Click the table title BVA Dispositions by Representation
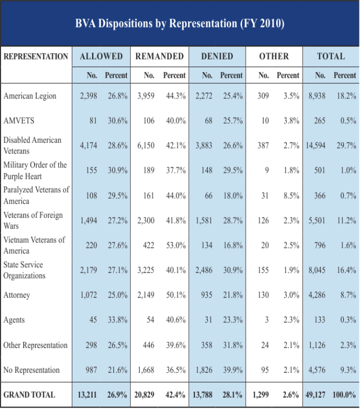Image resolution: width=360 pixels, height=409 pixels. (179, 24)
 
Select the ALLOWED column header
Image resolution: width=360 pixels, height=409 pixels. (101, 56)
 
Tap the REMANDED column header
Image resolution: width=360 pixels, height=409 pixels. (159, 56)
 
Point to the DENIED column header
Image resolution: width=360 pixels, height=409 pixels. (217, 56)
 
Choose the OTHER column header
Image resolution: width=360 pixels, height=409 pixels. (274, 56)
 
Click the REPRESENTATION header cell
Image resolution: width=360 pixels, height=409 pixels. (36, 56)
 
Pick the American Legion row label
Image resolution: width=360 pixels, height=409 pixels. (30, 96)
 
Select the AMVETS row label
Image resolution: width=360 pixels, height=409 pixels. (19, 121)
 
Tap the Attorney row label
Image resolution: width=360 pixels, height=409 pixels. (17, 295)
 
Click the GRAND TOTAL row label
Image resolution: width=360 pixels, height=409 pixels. (29, 395)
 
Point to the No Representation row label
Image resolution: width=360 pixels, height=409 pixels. (32, 370)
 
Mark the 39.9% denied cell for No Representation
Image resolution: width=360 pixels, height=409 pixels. (232, 370)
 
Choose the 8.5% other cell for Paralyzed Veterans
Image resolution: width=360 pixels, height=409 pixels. (290, 196)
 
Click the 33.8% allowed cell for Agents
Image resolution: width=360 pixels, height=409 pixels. (117, 320)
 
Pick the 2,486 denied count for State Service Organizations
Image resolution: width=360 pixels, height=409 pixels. (204, 270)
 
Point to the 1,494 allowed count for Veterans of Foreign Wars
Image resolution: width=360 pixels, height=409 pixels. (88, 221)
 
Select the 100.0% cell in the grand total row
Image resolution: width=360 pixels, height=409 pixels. (344, 395)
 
